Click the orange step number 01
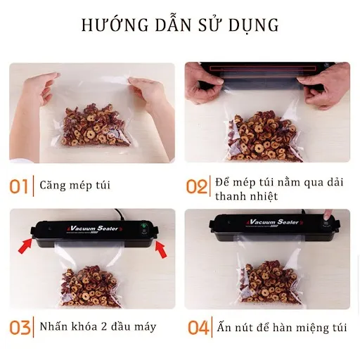(x=19, y=186)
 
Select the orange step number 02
(x=197, y=186)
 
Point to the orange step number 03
(x=20, y=327)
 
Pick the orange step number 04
(x=198, y=327)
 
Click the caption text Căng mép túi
(x=76, y=186)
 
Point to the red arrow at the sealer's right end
(x=161, y=248)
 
